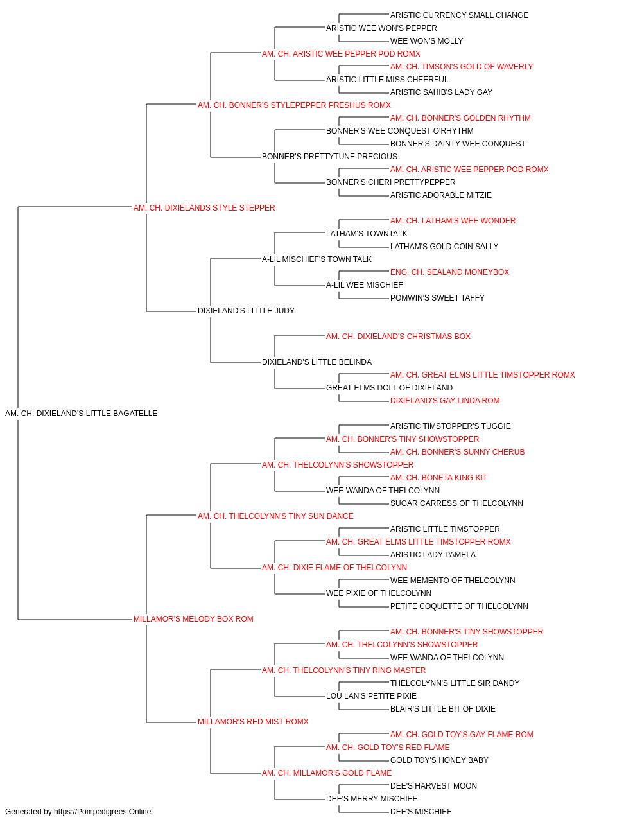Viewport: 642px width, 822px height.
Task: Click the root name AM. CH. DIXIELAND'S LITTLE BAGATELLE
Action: (82, 414)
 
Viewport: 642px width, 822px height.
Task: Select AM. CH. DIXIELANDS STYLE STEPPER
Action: (204, 208)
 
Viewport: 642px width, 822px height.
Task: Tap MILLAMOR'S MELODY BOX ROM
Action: (193, 619)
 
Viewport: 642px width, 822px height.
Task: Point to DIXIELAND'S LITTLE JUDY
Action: (246, 311)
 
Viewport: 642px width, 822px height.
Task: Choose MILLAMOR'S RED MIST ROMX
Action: (253, 722)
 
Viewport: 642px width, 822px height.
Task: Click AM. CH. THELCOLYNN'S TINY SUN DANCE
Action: (275, 516)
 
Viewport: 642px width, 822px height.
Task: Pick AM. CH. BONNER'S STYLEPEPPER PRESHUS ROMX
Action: (294, 105)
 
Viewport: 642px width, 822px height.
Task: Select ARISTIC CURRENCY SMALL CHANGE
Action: (459, 15)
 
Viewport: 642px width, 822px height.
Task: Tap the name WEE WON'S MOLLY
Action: (426, 41)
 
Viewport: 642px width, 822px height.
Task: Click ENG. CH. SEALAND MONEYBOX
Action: (449, 272)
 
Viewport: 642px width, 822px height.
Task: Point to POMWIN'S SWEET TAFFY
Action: (437, 298)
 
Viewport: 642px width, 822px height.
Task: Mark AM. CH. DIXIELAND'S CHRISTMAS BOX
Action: (398, 337)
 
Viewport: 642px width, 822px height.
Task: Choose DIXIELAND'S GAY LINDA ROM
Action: (445, 401)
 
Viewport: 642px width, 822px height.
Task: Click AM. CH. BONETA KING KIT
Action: (438, 478)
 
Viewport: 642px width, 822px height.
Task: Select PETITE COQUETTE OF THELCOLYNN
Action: (459, 606)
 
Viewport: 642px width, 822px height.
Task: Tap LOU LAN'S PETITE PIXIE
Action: (371, 696)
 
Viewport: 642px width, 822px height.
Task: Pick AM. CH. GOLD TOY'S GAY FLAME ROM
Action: (462, 735)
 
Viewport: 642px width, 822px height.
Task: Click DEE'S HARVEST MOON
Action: (433, 786)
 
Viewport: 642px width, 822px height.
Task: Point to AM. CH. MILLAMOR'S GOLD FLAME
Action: (327, 773)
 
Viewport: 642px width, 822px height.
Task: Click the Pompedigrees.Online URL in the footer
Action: (103, 812)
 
